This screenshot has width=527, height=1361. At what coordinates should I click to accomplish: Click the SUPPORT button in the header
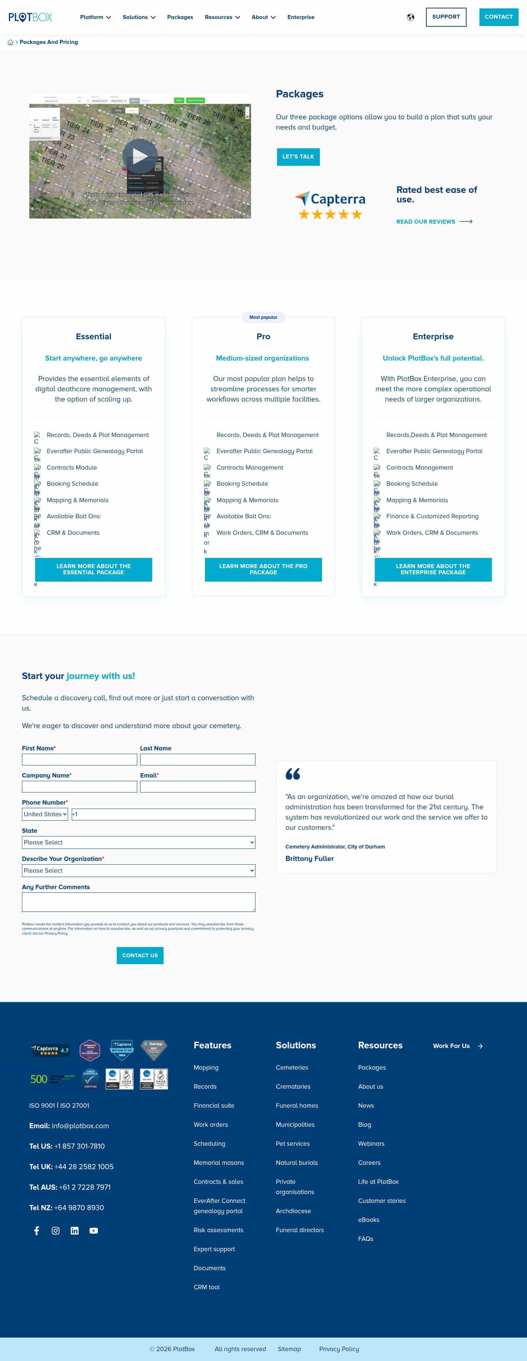click(446, 17)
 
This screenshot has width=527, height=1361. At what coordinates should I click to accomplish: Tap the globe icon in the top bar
click(410, 18)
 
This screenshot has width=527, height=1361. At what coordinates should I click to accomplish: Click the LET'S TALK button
click(298, 157)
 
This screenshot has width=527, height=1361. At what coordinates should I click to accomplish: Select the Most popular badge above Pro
click(263, 317)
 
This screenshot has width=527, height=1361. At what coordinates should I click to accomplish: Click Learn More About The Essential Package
click(93, 570)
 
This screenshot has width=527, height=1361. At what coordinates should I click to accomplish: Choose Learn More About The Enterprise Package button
click(433, 570)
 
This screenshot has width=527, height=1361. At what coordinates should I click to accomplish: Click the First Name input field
click(79, 760)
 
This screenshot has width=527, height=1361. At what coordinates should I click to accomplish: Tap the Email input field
click(198, 787)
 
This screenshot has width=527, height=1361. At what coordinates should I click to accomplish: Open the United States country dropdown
click(45, 814)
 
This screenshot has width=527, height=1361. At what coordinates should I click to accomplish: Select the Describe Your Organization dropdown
click(138, 871)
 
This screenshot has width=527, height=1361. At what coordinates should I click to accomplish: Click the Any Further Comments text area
click(138, 902)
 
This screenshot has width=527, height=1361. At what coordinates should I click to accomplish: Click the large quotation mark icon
click(292, 774)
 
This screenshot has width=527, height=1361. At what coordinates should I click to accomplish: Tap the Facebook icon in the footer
click(37, 1230)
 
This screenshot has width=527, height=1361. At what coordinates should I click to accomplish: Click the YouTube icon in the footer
click(93, 1230)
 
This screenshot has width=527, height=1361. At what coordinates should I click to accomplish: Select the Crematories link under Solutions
click(292, 1087)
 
